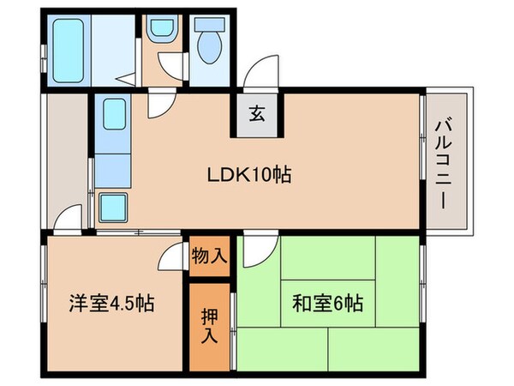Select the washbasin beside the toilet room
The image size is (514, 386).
click(160, 31)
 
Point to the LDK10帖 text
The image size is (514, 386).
click(249, 175)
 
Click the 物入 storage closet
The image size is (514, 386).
click(209, 256)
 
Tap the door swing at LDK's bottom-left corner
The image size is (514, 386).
click(69, 219)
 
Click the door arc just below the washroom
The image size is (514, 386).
click(160, 104)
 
